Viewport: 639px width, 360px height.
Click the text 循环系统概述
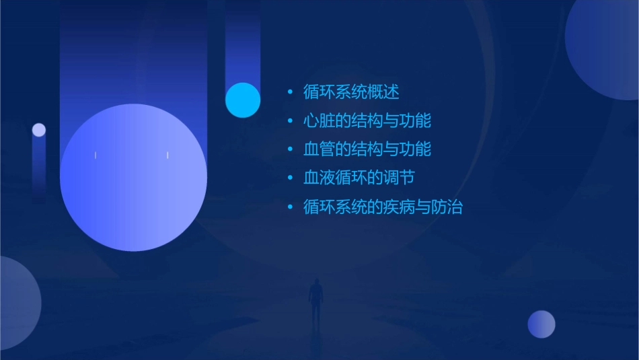click(351, 92)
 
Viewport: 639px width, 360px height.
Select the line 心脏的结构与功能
click(367, 120)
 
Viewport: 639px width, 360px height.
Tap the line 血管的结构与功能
click(367, 149)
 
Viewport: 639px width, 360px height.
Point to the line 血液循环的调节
click(359, 178)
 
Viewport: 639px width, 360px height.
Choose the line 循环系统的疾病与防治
click(383, 207)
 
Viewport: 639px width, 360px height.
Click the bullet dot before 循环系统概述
click(290, 92)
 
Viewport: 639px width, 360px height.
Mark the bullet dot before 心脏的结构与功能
click(290, 120)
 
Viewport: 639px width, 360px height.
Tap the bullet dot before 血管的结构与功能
click(290, 149)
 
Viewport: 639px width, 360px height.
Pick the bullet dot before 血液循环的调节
click(290, 178)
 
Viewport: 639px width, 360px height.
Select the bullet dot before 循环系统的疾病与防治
click(290, 207)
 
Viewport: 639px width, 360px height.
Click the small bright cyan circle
click(243, 100)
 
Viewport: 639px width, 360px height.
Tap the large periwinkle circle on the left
click(133, 178)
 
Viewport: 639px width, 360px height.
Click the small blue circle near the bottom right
click(541, 324)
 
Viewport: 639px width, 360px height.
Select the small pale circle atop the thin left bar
click(39, 130)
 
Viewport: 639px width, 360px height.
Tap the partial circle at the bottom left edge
click(17, 303)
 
